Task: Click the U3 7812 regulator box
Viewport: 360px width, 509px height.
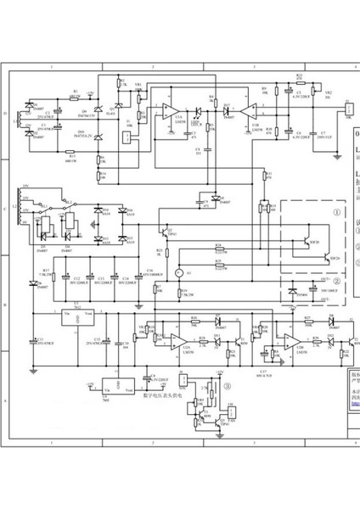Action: [77, 316]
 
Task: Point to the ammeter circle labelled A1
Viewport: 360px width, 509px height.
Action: [179, 272]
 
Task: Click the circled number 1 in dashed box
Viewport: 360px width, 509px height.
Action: [337, 214]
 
